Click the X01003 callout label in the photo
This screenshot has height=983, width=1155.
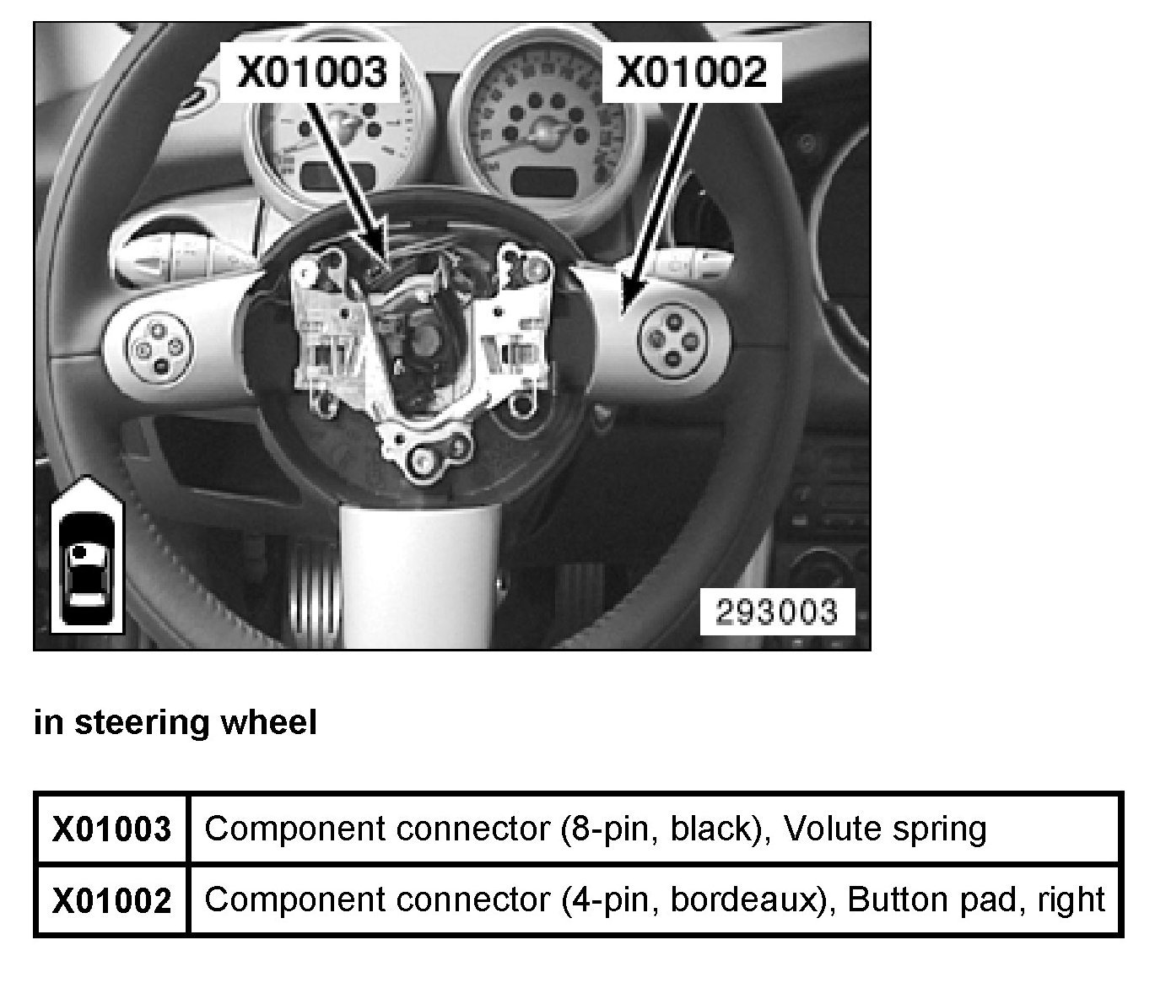click(x=312, y=72)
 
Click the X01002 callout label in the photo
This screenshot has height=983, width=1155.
click(x=691, y=72)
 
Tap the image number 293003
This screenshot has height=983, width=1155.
click(x=777, y=612)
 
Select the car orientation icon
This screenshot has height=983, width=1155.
click(x=87, y=556)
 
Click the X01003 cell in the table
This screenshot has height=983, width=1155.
click(x=111, y=829)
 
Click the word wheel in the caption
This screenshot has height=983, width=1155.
click(x=269, y=721)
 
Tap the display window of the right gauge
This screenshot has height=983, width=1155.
click(x=545, y=181)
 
